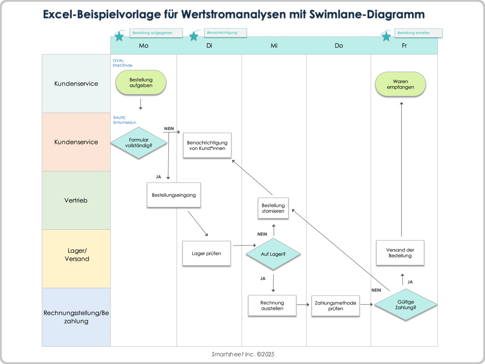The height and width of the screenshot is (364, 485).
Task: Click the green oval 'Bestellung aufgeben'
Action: tap(141, 83)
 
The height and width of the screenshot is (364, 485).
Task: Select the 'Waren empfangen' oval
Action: tap(400, 84)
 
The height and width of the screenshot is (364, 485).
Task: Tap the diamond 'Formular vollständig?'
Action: tap(139, 143)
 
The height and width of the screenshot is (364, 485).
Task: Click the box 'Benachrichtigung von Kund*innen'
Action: tap(207, 145)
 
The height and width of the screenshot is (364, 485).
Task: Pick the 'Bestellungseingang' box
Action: tap(174, 195)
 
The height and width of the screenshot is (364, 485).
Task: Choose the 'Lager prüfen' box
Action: tap(206, 253)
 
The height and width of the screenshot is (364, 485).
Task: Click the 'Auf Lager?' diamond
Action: tap(273, 254)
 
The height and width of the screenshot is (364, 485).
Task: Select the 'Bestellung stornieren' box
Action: tap(273, 208)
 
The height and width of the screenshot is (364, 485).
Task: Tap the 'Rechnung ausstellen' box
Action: tap(272, 305)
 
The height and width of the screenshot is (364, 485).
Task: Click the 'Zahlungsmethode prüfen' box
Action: tap(335, 306)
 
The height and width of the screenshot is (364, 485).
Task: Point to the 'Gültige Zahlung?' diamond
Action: tap(405, 305)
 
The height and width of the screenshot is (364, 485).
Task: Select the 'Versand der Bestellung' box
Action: tap(400, 253)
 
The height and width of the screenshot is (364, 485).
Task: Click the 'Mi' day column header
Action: tap(274, 45)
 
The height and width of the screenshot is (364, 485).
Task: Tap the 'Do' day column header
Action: tap(339, 45)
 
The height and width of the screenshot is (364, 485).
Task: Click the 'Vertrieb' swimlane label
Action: tap(76, 200)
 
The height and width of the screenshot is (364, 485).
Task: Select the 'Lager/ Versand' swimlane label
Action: tap(77, 255)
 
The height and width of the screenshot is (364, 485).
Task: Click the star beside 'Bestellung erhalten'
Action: tap(386, 36)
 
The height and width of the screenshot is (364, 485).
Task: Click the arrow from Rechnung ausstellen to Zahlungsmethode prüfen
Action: tap(303, 305)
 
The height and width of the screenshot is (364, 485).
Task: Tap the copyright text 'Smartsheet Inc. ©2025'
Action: tap(243, 354)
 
